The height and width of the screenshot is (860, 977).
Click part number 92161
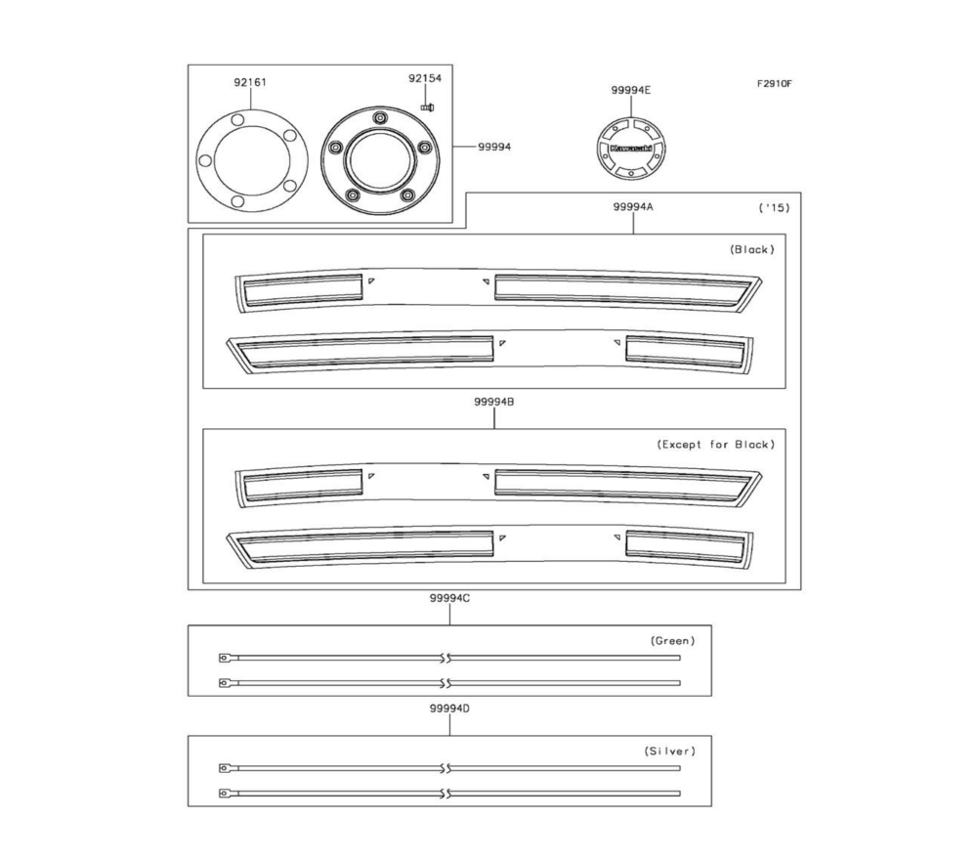[x=250, y=82]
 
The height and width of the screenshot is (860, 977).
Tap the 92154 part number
[x=425, y=78]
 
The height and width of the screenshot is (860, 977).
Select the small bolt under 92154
[x=428, y=107]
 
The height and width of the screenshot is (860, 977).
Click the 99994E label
[x=630, y=90]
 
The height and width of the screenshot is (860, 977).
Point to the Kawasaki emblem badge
[x=630, y=149]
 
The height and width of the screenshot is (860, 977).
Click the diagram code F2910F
[x=774, y=83]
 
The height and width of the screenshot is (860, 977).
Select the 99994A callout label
[x=632, y=207]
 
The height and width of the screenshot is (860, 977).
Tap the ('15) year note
[x=774, y=207]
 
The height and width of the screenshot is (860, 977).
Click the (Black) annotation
[x=752, y=249]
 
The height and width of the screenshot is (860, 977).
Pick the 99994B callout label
[x=494, y=402]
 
